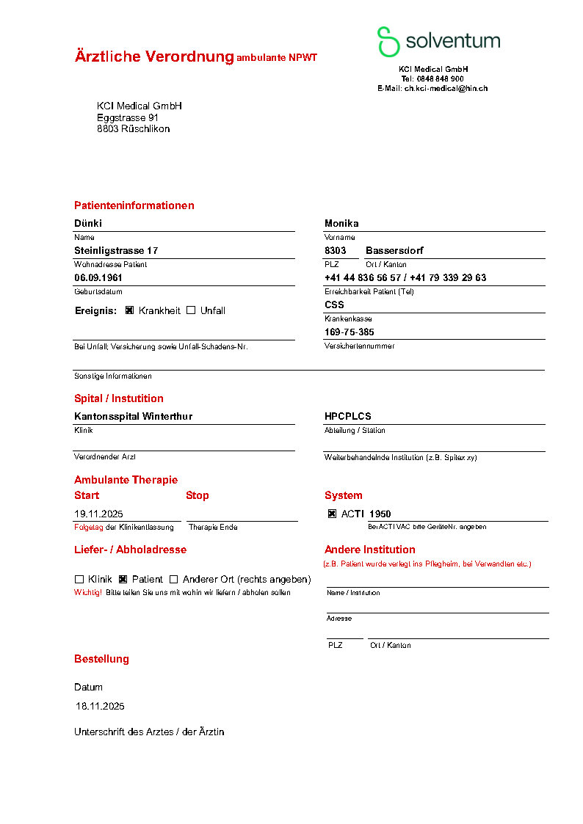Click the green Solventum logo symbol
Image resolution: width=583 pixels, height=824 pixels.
pyautogui.click(x=388, y=42)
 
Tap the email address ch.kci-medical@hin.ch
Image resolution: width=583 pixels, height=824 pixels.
pyautogui.click(x=446, y=88)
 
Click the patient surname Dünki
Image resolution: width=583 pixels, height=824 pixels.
pyautogui.click(x=88, y=223)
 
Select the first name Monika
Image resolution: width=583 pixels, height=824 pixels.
pyautogui.click(x=341, y=223)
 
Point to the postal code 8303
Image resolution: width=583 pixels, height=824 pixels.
pyautogui.click(x=336, y=250)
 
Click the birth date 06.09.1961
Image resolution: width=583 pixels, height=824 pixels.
pyautogui.click(x=98, y=278)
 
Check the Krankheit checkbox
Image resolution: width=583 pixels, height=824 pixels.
pyautogui.click(x=129, y=310)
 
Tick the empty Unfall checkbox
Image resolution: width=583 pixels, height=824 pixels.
pyautogui.click(x=191, y=310)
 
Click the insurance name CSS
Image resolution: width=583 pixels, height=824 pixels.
pyautogui.click(x=334, y=305)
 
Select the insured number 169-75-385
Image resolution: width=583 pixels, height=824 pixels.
pyautogui.click(x=349, y=332)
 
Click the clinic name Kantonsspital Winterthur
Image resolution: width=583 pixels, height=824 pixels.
pyautogui.click(x=133, y=416)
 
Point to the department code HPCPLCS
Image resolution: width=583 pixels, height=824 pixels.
pyautogui.click(x=348, y=416)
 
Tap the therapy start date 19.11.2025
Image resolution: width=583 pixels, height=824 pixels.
pyautogui.click(x=98, y=514)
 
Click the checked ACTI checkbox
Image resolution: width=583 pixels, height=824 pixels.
pyautogui.click(x=332, y=514)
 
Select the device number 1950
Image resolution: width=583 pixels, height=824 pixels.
pyautogui.click(x=380, y=514)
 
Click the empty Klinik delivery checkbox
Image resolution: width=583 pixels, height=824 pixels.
pyautogui.click(x=79, y=579)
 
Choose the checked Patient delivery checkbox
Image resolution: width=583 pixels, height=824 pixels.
pyautogui.click(x=123, y=579)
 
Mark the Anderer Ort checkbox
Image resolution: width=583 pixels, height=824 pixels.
pyautogui.click(x=174, y=579)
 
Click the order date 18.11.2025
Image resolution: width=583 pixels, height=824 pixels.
pyautogui.click(x=101, y=707)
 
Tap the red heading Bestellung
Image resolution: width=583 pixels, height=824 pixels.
pyautogui.click(x=101, y=659)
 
